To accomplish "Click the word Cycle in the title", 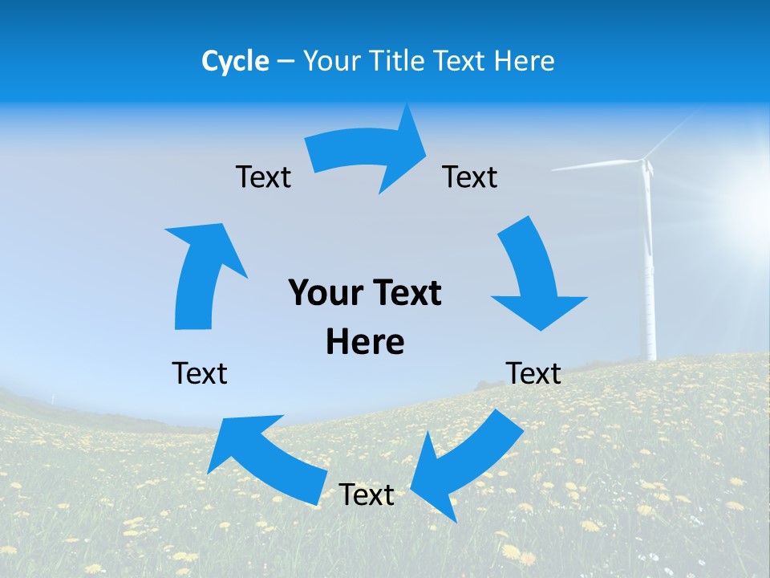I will tap(235, 61).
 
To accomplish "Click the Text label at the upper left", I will tap(263, 177).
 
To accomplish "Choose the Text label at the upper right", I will tap(470, 177).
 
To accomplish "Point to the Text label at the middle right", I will tap(533, 373).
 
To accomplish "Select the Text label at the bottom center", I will tap(367, 495).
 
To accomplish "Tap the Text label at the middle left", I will tap(200, 373).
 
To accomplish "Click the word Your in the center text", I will tap(320, 294).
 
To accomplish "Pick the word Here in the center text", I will tap(365, 342).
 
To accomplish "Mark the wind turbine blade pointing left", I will tap(594, 166).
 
